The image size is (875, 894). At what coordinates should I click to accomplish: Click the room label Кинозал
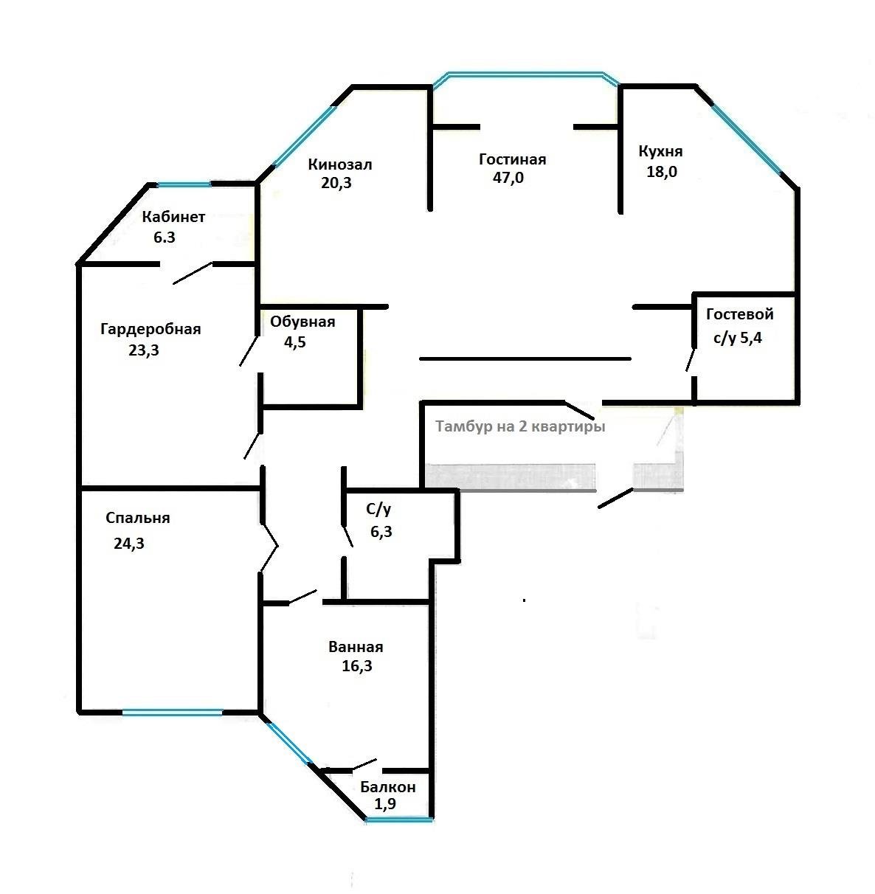(x=339, y=164)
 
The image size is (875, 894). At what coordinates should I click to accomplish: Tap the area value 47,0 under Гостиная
(x=508, y=177)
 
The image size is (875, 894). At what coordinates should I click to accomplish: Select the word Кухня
(x=660, y=151)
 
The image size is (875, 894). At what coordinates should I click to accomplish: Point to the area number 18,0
(x=662, y=172)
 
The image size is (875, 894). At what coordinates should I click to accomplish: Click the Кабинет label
(x=173, y=217)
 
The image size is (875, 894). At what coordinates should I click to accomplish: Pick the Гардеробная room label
(x=151, y=330)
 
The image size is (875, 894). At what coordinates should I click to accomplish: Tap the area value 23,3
(x=144, y=350)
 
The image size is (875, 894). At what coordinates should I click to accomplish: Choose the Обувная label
(x=302, y=322)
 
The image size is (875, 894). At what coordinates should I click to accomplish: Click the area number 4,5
(x=294, y=342)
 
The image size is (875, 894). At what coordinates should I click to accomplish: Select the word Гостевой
(x=740, y=314)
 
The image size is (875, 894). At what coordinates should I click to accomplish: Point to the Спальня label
(x=137, y=519)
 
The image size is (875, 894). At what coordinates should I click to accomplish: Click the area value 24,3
(x=128, y=544)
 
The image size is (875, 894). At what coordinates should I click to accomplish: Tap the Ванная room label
(x=356, y=647)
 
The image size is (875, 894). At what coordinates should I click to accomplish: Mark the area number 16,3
(x=356, y=665)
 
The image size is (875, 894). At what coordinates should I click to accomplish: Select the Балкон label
(x=388, y=787)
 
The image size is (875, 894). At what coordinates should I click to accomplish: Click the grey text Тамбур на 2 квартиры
(x=520, y=427)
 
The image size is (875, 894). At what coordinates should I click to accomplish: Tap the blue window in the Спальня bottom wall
(x=173, y=713)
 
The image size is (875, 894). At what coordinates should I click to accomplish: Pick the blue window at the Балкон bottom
(x=399, y=819)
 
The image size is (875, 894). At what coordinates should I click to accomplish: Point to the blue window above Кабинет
(x=184, y=184)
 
